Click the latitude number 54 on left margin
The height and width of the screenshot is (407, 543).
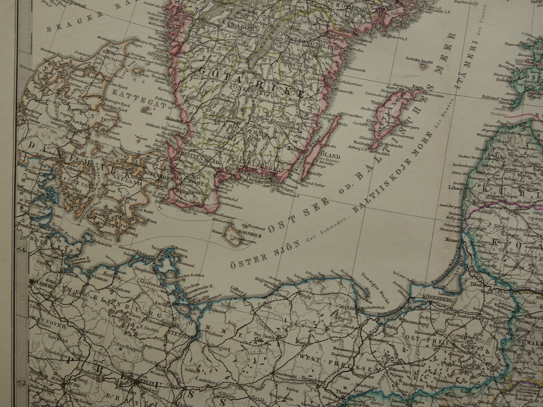[22, 250]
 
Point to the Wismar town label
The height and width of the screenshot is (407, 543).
[100, 280]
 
